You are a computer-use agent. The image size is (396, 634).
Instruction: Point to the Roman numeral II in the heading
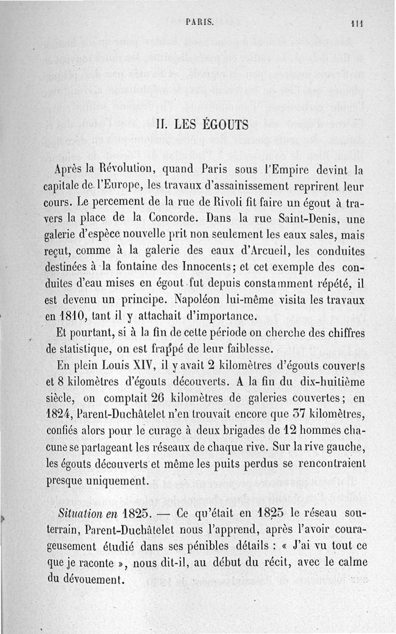pyautogui.click(x=162, y=125)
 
